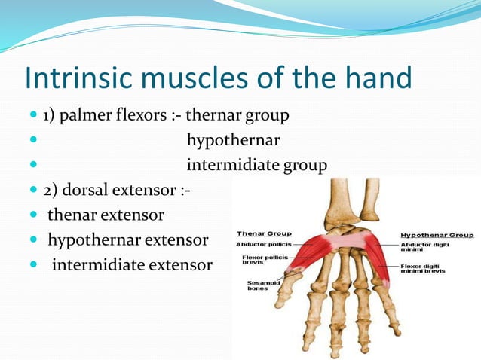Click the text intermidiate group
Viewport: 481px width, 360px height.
(256, 165)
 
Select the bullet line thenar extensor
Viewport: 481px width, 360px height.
(106, 215)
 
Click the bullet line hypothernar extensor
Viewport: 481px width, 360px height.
(128, 240)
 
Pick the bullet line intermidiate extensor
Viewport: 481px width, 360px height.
(132, 265)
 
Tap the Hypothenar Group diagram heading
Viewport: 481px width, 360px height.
(437, 234)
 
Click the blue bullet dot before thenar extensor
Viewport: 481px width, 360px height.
(33, 216)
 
